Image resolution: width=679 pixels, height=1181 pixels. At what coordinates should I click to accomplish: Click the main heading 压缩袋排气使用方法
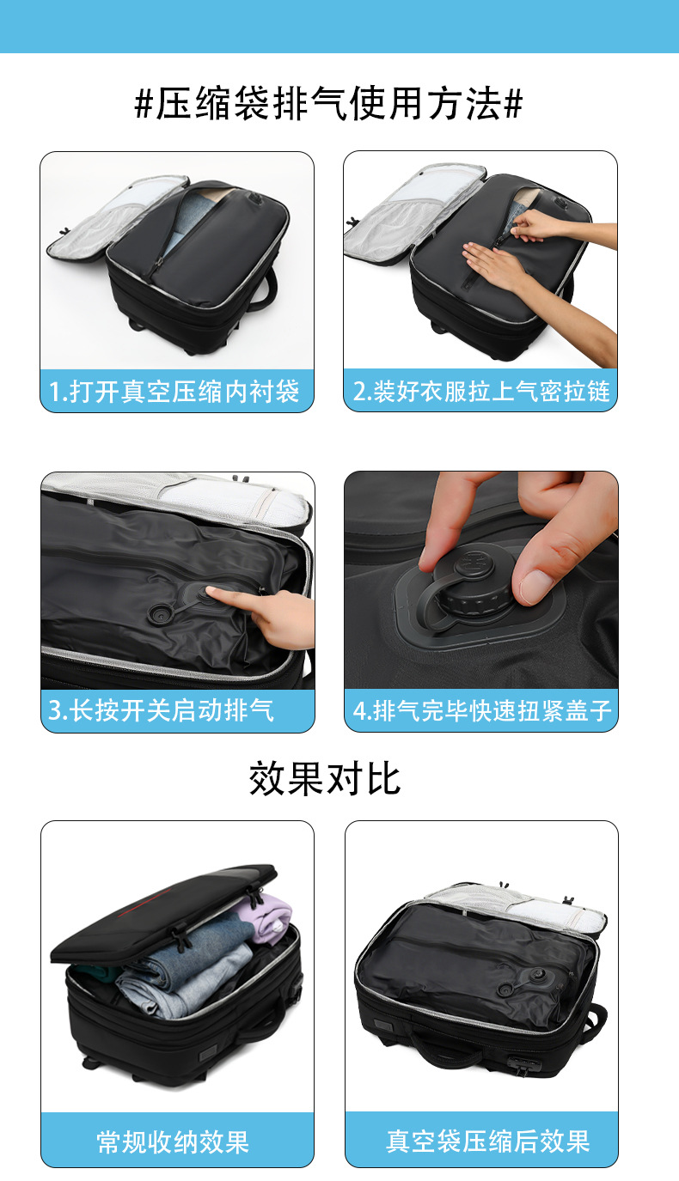(328, 103)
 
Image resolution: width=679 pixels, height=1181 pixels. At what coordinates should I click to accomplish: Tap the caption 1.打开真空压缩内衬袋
(174, 392)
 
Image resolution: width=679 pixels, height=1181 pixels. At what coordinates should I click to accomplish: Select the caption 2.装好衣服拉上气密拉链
(481, 391)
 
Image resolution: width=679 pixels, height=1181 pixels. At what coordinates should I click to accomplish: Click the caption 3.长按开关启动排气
(161, 710)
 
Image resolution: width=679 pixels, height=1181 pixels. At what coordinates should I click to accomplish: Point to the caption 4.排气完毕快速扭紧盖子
(481, 710)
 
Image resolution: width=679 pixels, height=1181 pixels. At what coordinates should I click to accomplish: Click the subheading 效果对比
(325, 778)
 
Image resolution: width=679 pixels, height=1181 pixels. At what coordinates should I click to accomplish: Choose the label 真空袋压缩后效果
(488, 1141)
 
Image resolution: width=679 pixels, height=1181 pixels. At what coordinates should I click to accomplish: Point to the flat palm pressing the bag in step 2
(493, 265)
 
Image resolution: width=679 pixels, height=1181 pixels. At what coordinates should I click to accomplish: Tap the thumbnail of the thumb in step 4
(536, 585)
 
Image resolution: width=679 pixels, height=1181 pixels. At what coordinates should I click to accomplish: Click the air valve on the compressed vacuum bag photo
(541, 974)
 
